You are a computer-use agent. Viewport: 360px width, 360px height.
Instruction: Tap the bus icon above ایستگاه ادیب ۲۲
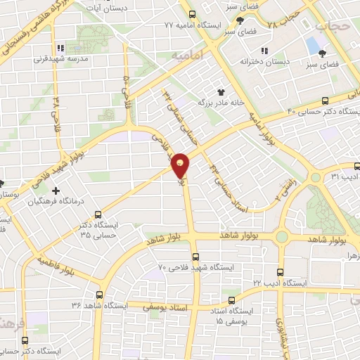click(281, 271)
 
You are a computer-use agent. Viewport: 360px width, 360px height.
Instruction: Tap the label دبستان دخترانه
click(264, 62)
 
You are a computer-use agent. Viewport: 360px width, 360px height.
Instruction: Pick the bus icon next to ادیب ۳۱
click(358, 167)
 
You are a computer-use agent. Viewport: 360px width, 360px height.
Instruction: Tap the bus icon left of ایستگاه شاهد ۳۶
click(98, 295)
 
